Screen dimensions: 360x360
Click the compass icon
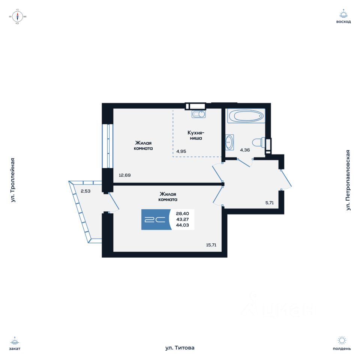click(x=18, y=16)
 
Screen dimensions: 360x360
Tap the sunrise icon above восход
click(x=343, y=14)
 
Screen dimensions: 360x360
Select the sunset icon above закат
click(x=15, y=341)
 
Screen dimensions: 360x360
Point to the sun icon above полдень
click(x=342, y=340)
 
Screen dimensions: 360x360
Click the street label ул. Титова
click(x=180, y=348)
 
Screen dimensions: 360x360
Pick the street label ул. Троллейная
click(x=13, y=180)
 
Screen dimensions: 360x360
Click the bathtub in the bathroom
click(x=246, y=116)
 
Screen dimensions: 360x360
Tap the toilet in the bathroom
click(x=258, y=142)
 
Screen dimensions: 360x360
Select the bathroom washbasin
click(x=229, y=142)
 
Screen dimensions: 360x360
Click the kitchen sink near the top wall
click(x=198, y=114)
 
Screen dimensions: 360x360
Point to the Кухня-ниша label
click(x=195, y=135)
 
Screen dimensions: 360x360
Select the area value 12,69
click(x=125, y=175)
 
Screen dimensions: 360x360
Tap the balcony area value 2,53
click(x=86, y=191)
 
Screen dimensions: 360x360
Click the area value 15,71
click(x=211, y=245)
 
